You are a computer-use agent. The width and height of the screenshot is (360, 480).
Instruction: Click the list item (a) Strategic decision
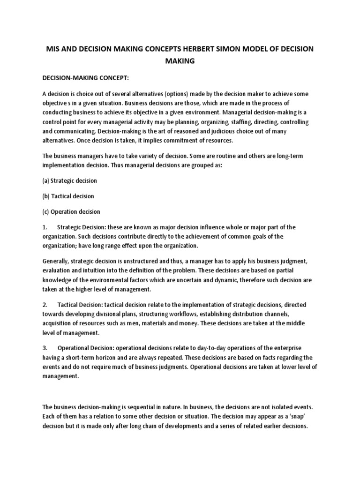[x=69, y=180]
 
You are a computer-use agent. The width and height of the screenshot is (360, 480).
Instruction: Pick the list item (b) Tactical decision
[x=68, y=196]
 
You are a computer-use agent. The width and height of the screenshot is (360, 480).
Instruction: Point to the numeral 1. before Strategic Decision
[x=45, y=227]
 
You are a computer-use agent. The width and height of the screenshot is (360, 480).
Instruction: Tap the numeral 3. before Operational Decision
[x=45, y=347]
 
